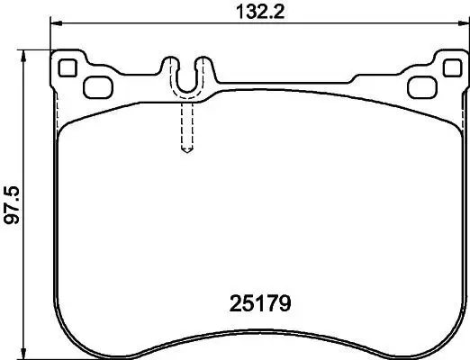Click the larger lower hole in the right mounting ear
tap(420, 86)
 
